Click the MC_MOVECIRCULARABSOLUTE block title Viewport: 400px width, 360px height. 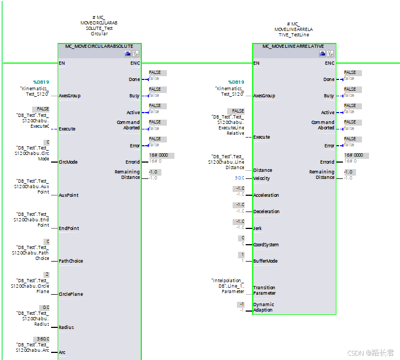99,46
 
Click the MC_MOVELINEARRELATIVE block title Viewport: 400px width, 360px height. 293,46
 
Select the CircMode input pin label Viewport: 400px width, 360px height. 68,162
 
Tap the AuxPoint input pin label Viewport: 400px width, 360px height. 68,195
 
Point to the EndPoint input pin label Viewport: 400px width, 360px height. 68,228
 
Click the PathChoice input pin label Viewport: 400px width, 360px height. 71,261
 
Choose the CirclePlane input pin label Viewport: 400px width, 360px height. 71,294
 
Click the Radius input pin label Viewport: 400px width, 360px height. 66,327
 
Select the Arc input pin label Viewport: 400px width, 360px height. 62,352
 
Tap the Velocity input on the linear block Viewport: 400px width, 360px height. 261,178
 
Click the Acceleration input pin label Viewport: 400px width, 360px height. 266,195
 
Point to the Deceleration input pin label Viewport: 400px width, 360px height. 266,212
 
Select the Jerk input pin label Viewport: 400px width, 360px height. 258,228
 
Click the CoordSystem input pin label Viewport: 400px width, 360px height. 265,245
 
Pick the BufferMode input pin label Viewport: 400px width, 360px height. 265,261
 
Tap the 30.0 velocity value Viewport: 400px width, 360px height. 239,178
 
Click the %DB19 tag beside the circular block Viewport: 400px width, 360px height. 41,82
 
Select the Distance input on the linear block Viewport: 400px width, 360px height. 263,170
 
